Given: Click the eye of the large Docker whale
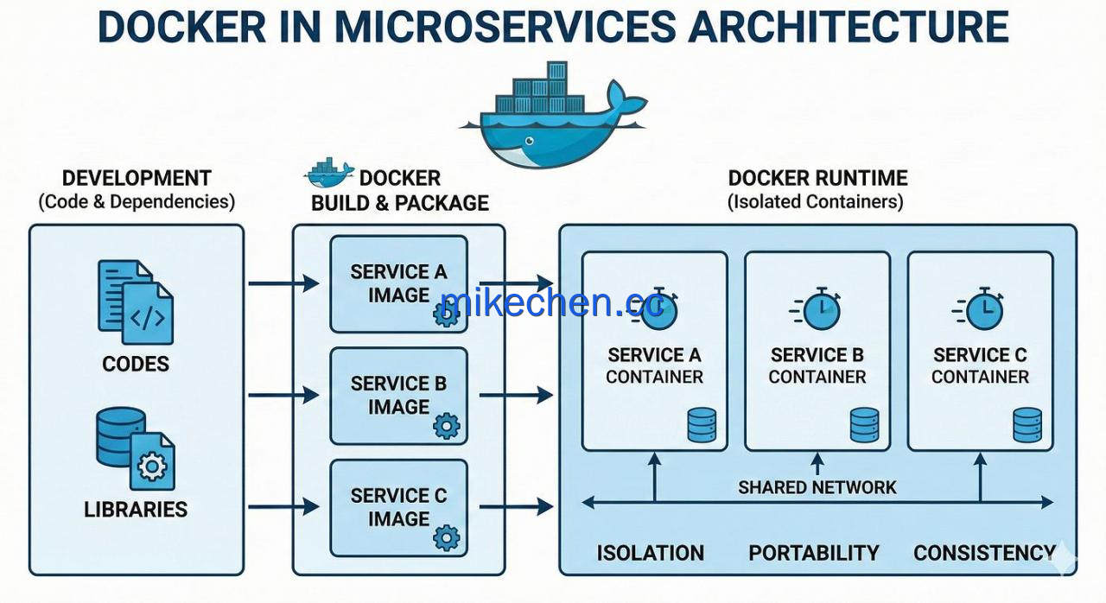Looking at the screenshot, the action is click(530, 141).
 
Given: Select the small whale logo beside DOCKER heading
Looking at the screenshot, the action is click(330, 173).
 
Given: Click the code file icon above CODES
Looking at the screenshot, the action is click(136, 302).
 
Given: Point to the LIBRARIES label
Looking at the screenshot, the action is click(136, 509).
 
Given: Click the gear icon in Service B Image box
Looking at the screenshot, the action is click(447, 426).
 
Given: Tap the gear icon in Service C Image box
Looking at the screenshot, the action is click(447, 538).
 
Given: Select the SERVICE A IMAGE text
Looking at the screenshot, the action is click(398, 283).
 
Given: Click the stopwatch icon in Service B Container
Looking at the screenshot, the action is click(816, 309).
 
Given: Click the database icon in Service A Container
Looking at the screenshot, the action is click(702, 425).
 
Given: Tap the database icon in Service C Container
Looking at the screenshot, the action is click(1027, 425).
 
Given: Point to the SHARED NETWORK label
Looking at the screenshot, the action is click(817, 487).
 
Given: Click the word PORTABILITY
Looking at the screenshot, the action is click(814, 553).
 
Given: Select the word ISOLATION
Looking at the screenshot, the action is click(651, 553).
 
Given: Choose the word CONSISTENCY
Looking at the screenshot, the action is click(984, 553).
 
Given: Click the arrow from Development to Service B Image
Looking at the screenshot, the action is click(283, 395).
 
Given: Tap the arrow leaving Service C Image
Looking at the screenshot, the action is click(516, 506).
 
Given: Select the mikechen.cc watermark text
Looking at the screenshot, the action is click(551, 302).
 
